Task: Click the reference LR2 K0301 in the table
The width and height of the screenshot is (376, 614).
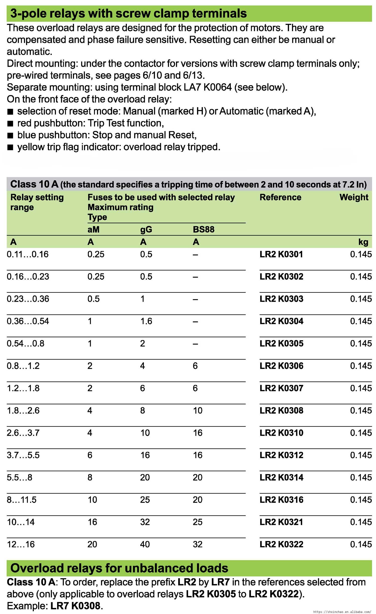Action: [281, 254]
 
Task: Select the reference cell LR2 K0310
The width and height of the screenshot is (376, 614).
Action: [281, 433]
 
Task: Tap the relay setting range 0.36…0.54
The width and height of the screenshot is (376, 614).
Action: [28, 321]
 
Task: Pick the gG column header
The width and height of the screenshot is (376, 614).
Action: [146, 229]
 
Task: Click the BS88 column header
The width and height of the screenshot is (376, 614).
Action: [204, 229]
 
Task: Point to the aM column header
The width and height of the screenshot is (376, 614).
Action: [93, 229]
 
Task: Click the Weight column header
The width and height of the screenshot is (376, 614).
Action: [354, 197]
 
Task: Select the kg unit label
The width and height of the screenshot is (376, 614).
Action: [363, 242]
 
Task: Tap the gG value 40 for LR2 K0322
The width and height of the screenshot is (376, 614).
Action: [145, 544]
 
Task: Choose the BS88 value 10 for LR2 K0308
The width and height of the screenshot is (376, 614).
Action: [198, 410]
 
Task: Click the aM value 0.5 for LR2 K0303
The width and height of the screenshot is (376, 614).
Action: [93, 299]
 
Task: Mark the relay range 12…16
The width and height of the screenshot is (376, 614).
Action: [21, 544]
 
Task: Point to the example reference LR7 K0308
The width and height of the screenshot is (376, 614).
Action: [75, 606]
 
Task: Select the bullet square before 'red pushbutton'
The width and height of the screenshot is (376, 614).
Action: [10, 124]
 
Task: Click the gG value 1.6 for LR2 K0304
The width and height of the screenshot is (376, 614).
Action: [146, 321]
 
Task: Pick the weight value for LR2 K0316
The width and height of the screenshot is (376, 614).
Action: [361, 500]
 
